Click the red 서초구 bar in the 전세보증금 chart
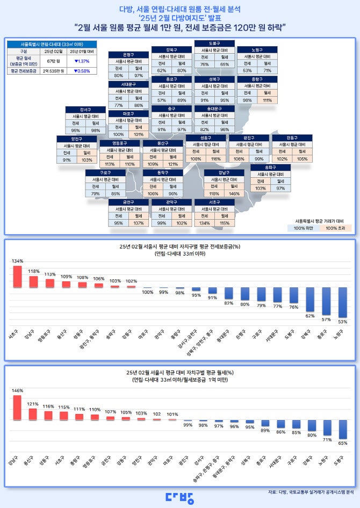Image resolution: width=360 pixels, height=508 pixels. [x=18, y=276]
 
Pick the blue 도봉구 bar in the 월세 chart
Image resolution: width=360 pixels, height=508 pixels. [x=343, y=430]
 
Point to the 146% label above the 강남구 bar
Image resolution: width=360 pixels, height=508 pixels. [x=18, y=390]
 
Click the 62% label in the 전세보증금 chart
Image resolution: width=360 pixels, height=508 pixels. [x=310, y=316]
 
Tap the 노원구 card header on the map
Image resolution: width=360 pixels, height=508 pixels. [x=257, y=49]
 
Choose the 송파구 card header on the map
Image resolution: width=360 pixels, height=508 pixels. [x=271, y=168]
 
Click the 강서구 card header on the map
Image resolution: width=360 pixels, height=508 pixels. [x=85, y=110]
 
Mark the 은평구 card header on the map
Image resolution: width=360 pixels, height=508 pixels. [x=128, y=55]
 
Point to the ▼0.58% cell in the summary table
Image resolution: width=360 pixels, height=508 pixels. [x=81, y=71]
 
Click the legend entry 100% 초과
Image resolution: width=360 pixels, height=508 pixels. [x=336, y=228]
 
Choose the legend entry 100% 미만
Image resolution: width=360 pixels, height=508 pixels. [x=306, y=228]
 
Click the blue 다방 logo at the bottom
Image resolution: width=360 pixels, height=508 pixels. [x=179, y=497]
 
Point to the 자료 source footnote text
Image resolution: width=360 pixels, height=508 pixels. [x=310, y=491]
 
